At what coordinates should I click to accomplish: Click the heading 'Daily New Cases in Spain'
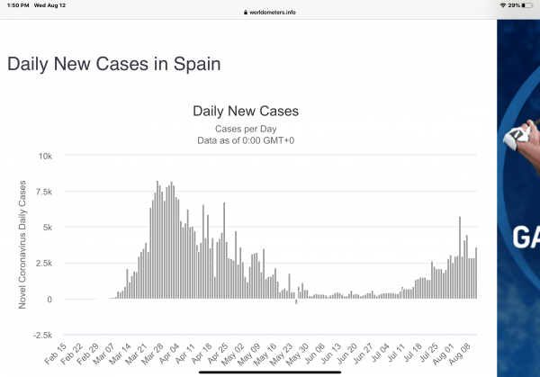click(113, 65)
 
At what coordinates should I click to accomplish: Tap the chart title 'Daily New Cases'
click(246, 112)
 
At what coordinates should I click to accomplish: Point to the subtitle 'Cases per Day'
click(246, 129)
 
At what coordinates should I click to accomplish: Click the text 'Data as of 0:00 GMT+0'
click(246, 140)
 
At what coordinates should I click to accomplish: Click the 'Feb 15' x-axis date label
click(56, 354)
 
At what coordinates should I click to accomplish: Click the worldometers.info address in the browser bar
click(271, 13)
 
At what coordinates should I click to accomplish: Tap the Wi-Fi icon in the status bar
click(502, 5)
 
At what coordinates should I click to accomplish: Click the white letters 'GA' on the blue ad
click(526, 238)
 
